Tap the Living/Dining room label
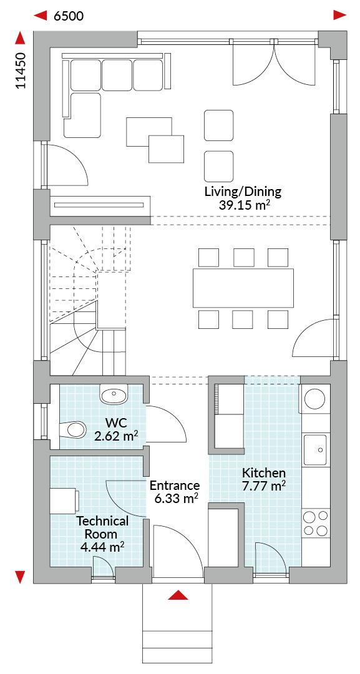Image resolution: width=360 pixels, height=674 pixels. coord(243,192)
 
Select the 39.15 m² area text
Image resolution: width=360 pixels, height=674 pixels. coord(244,205)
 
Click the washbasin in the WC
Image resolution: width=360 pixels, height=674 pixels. coord(115,394)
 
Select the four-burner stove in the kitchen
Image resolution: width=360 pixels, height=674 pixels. coord(316,523)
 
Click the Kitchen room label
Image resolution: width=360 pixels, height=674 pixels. coord(264,473)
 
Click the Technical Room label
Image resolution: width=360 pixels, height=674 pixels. coord(102,528)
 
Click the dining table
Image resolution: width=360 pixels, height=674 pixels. coord(243,288)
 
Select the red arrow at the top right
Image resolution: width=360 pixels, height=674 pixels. coord(340,16)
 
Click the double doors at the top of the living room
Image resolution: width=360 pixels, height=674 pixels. coord(275,63)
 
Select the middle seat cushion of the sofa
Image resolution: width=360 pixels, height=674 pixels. coord(117,76)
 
